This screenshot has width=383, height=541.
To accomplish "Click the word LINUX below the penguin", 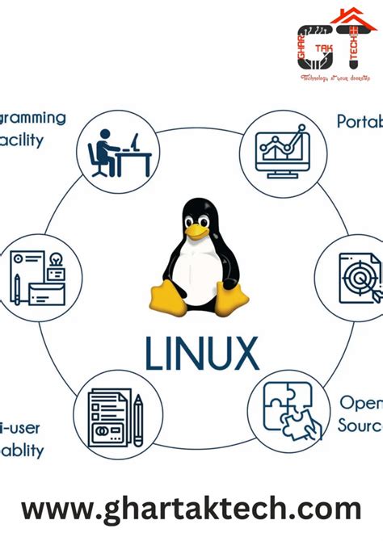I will tap(201, 353).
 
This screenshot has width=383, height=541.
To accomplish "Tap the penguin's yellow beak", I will tap(196, 231).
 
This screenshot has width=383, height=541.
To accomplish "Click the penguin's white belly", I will tap(196, 271).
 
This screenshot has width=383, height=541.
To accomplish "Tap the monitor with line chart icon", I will tap(277, 149).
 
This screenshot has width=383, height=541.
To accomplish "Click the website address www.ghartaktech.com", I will tap(191, 510).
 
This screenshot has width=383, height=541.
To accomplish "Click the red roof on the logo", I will tap(348, 18).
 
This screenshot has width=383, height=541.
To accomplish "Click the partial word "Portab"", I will tap(359, 121).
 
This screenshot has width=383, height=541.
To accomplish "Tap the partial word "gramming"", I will tap(33, 118).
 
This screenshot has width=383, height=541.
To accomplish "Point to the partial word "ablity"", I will tap(22, 450).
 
